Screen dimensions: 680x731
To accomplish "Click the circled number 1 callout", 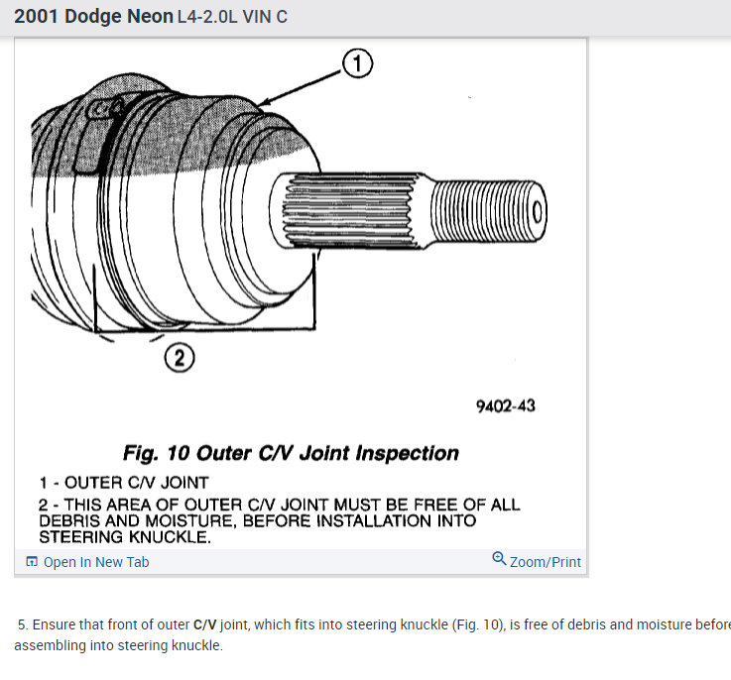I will pyautogui.click(x=357, y=64).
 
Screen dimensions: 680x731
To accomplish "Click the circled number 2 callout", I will pyautogui.click(x=180, y=358).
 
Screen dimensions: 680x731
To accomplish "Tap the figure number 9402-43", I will pyautogui.click(x=506, y=406).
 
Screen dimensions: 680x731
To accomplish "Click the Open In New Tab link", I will pyautogui.click(x=96, y=562).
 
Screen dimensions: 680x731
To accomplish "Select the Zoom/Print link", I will pyautogui.click(x=545, y=562).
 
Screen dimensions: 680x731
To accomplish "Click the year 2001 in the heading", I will pyautogui.click(x=37, y=17).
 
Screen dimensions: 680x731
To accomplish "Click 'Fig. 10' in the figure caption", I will pyautogui.click(x=156, y=453).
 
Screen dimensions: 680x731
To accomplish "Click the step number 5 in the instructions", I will pyautogui.click(x=22, y=624).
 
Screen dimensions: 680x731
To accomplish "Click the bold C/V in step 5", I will pyautogui.click(x=205, y=624).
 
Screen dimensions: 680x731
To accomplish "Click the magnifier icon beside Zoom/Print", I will pyautogui.click(x=499, y=560).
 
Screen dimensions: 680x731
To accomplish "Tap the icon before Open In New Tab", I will pyautogui.click(x=32, y=562).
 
